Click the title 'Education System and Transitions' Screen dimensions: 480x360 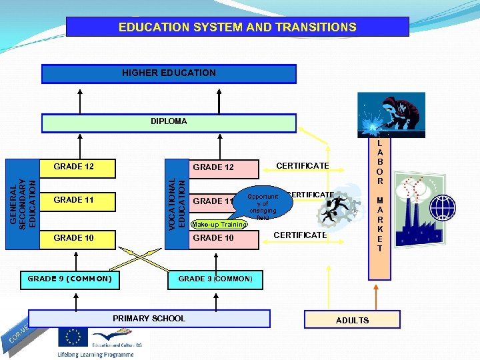coord(237,27)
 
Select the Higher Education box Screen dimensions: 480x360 coord(169,73)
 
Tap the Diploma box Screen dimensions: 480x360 coord(169,122)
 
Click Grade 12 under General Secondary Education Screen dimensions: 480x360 coord(74,167)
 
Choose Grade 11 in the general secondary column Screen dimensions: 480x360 coord(74,200)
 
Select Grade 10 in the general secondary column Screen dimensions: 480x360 coord(74,238)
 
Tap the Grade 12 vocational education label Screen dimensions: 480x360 coord(213,167)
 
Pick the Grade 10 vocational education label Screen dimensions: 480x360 coord(213,238)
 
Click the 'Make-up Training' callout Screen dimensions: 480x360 coord(219,225)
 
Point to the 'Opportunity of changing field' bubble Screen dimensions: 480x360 coord(261,207)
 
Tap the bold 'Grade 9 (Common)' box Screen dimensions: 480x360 coord(69,279)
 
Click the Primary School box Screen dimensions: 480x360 coord(149,319)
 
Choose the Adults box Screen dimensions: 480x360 coord(352,320)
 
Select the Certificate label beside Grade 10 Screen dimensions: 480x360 coord(300,235)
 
